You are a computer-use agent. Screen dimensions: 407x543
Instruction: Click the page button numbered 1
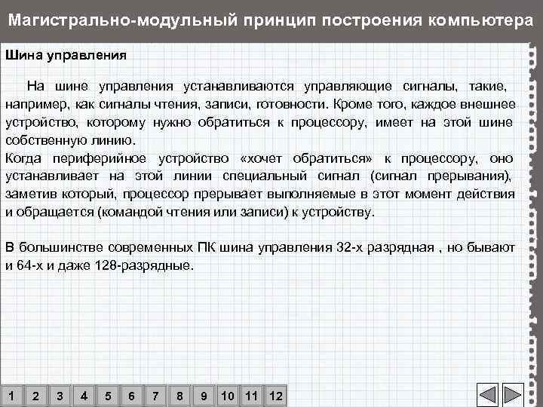[x=11, y=396]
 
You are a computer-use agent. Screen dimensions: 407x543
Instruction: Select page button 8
[x=179, y=396]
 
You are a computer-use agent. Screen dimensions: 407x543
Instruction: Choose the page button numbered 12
[x=276, y=396]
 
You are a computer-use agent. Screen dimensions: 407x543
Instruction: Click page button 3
[x=60, y=396]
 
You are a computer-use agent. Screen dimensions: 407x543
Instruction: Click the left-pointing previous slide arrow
[x=489, y=396]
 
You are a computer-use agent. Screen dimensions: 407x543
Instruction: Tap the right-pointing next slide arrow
[x=513, y=396]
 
